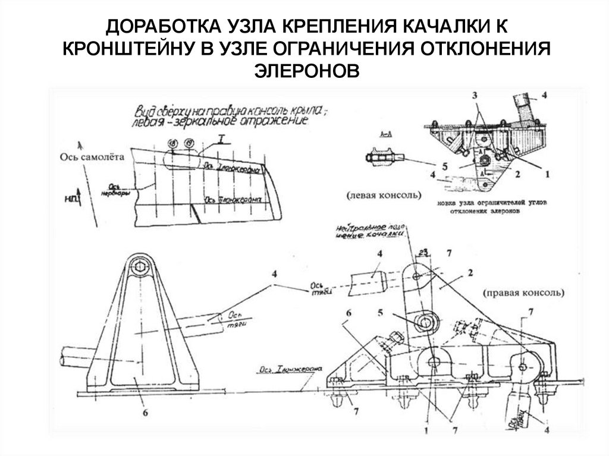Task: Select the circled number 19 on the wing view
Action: (x=189, y=143)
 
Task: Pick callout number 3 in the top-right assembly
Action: (x=475, y=96)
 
